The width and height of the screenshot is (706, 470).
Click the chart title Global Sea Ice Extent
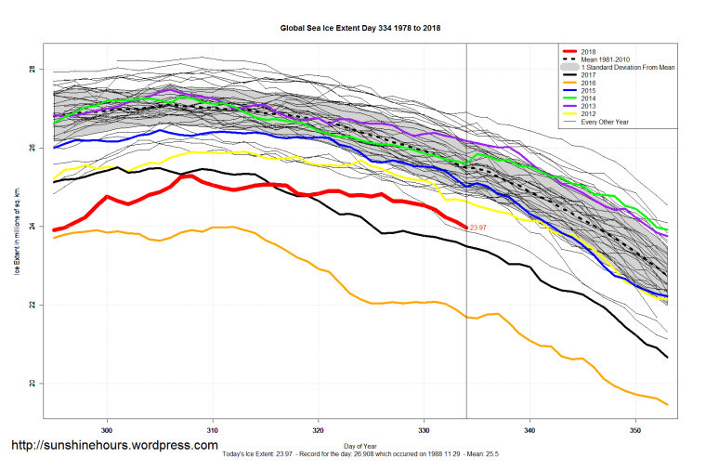[x=360, y=28]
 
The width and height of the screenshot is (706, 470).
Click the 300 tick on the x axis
[x=108, y=431]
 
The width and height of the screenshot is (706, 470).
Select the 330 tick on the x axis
[x=425, y=431]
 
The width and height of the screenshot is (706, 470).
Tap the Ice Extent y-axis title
[x=18, y=228]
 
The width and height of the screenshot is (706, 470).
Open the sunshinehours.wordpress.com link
[x=113, y=446]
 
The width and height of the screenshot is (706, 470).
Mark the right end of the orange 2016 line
[x=668, y=404]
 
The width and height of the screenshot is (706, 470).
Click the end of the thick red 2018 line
[x=465, y=227]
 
